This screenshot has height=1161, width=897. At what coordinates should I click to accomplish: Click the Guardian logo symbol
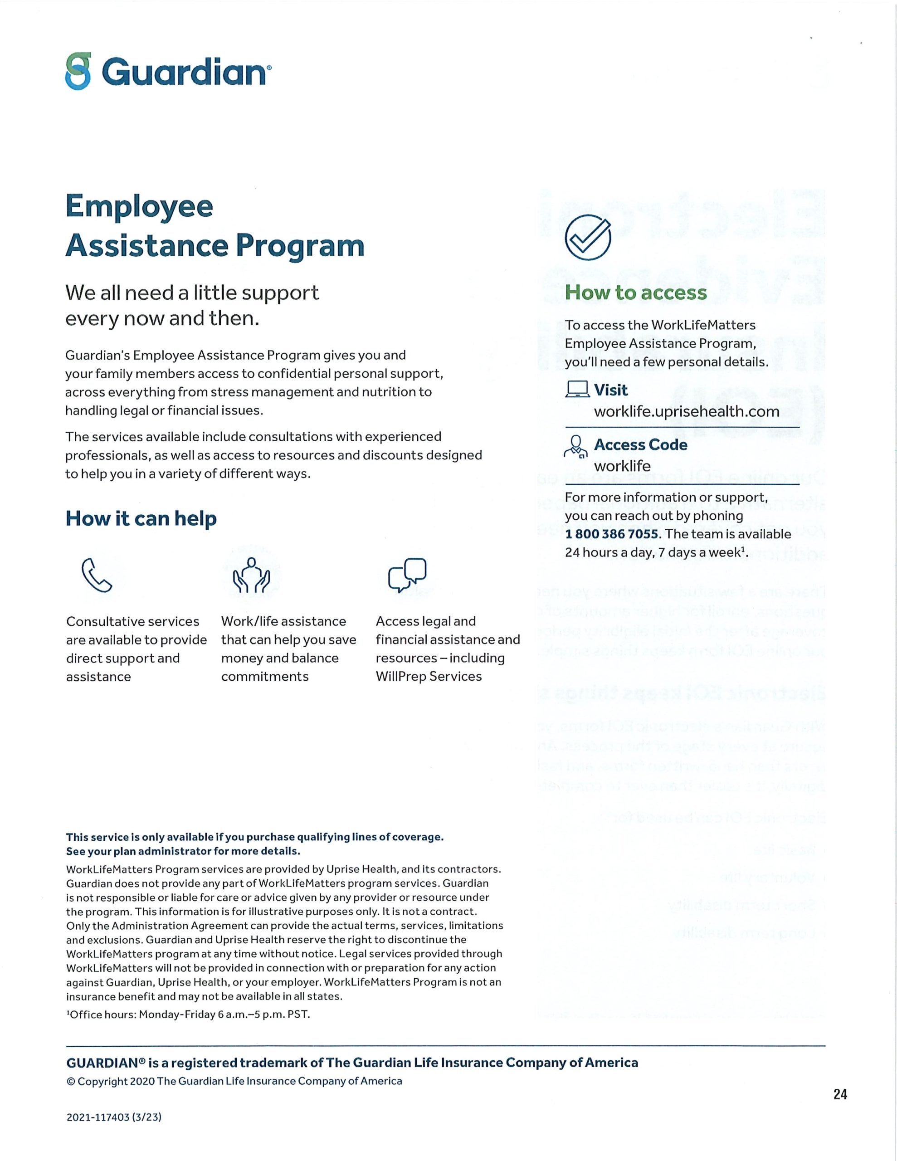[78, 71]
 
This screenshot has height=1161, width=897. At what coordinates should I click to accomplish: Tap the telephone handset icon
[96, 575]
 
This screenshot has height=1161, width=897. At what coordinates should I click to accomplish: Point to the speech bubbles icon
[407, 575]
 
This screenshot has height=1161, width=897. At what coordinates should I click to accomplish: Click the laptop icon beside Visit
[577, 390]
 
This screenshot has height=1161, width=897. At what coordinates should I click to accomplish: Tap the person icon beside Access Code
[576, 445]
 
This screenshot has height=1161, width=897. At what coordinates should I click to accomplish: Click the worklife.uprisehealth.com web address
[687, 411]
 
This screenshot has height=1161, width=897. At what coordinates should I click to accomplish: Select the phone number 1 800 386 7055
[611, 534]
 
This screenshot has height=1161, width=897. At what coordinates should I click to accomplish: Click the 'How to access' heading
[635, 293]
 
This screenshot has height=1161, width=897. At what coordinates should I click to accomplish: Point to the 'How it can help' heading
[141, 518]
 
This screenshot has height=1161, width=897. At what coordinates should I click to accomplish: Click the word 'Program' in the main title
[300, 246]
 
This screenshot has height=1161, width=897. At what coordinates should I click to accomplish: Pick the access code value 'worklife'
[622, 466]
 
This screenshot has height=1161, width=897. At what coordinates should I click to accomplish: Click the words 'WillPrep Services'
[429, 676]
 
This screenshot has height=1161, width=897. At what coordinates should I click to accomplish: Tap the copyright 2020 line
[234, 1081]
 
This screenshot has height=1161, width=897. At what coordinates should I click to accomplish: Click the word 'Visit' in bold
[610, 390]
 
